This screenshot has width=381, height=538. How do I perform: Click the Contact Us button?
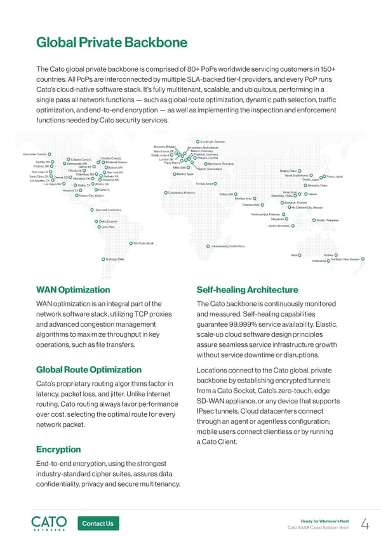point(98,523)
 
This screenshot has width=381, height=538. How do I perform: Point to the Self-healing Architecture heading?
point(248,290)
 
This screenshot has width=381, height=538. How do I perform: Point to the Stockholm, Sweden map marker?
point(196,141)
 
